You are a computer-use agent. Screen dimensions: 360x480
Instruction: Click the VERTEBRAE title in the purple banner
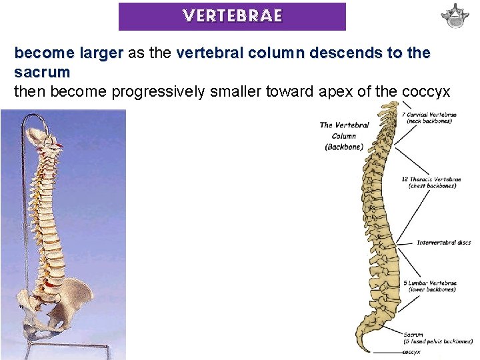pyautogui.click(x=232, y=16)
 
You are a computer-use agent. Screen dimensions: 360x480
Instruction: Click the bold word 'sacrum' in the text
pyautogui.click(x=42, y=71)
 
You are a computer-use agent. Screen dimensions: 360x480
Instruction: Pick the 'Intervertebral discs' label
pyautogui.click(x=443, y=243)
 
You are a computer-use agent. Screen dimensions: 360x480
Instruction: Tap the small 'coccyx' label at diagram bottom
pyautogui.click(x=411, y=351)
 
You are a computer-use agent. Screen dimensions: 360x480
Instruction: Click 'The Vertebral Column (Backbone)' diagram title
pyautogui.click(x=345, y=135)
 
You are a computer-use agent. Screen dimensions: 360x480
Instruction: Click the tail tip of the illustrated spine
pyautogui.click(x=363, y=349)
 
